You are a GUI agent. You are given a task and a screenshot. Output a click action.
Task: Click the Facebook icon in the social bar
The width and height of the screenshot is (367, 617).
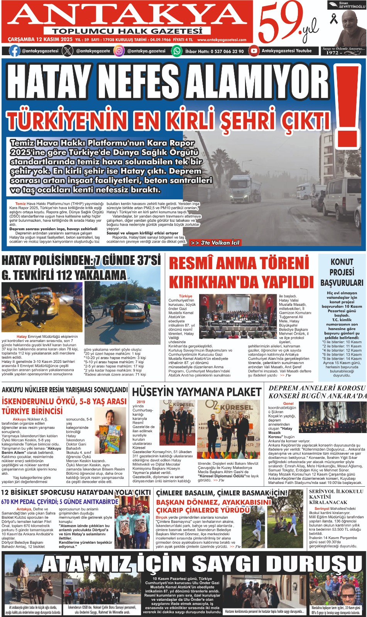point(15,51)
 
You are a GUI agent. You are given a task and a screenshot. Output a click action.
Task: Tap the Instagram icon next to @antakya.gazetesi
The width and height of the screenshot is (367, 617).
point(120,51)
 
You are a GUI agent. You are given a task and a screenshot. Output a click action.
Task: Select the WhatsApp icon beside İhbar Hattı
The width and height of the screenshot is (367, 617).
point(177,51)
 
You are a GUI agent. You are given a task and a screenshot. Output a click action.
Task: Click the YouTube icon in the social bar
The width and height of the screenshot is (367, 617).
point(254,51)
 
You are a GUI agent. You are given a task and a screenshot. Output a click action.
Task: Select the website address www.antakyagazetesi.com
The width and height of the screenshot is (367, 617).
point(222,40)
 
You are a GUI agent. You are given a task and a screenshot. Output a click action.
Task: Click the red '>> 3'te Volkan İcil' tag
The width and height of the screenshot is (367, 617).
point(215,243)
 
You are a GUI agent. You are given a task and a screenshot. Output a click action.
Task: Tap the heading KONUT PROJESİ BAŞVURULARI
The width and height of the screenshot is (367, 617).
point(342,272)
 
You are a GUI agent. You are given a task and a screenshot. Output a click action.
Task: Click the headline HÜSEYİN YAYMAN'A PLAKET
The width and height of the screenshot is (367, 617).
point(196,392)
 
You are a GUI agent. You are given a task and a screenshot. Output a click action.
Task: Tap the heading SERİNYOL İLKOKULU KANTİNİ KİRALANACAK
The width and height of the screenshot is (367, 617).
point(336,497)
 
